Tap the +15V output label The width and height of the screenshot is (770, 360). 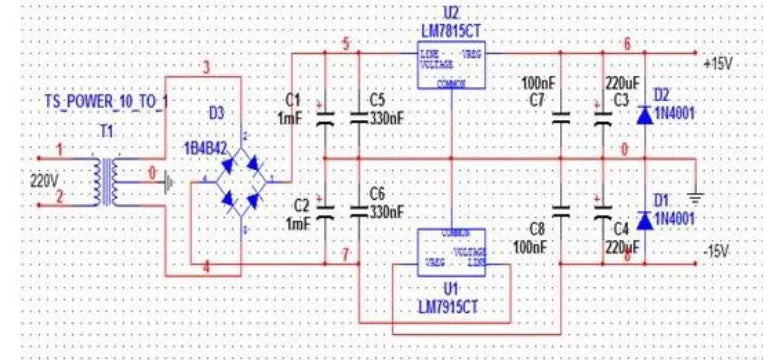718,63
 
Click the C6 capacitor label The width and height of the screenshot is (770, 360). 377,192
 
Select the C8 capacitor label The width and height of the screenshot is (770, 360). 534,228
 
